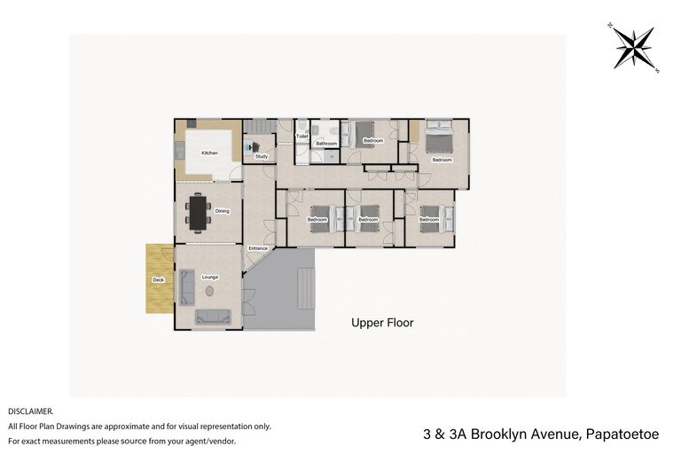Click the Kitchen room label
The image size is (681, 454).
pyautogui.click(x=209, y=153)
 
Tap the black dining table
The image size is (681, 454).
pyautogui.click(x=196, y=212)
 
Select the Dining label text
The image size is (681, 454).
pyautogui.click(x=222, y=211)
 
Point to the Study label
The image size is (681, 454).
pyautogui.click(x=262, y=156)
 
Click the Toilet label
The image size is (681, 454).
pyautogui.click(x=301, y=137)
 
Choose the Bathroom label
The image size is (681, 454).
pyautogui.click(x=326, y=143)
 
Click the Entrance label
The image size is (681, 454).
pyautogui.click(x=258, y=248)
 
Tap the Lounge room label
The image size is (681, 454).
pyautogui.click(x=209, y=277)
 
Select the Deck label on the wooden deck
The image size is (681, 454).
pyautogui.click(x=159, y=280)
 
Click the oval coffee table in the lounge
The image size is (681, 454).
pyautogui.click(x=210, y=291)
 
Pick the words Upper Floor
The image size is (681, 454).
pyautogui.click(x=382, y=323)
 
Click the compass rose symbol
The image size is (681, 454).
pyautogui.click(x=634, y=48)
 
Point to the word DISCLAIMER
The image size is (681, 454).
pyautogui.click(x=31, y=411)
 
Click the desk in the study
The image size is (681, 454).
pyautogui.click(x=250, y=148)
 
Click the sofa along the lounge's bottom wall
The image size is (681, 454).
pyautogui.click(x=213, y=316)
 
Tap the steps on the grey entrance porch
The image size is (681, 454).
pyautogui.click(x=306, y=288)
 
